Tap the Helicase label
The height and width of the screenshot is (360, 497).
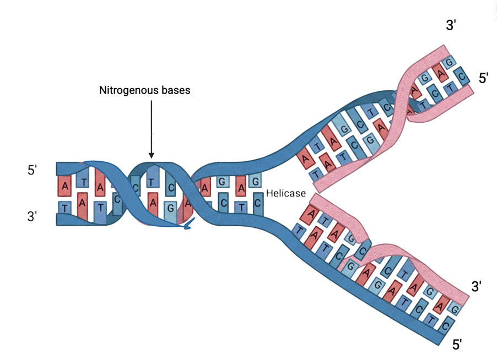tap(285, 193)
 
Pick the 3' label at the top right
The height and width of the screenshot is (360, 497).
tap(451, 25)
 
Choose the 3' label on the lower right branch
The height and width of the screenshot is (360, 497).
tap(477, 286)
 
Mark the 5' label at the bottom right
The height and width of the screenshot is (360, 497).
tap(457, 345)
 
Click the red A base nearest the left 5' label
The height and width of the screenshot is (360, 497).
tap(65, 186)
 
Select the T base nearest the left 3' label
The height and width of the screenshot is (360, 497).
tap(65, 208)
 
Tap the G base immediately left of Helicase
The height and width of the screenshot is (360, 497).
tap(255, 182)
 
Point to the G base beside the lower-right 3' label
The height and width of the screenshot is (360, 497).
tap(455, 309)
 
